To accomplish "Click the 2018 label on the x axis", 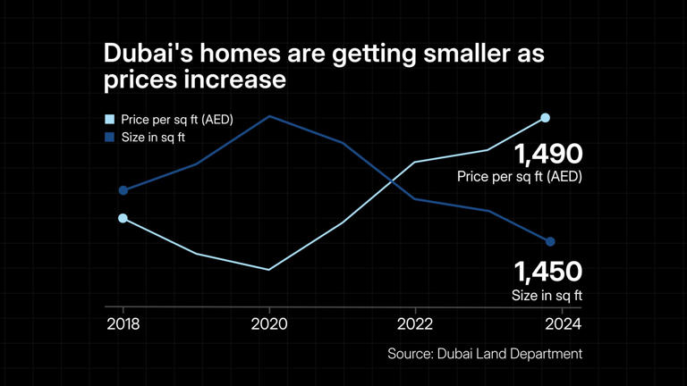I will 123,323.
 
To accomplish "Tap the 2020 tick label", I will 269,323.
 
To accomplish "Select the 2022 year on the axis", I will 415,323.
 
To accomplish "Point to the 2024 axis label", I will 561,323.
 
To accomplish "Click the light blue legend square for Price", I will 109,119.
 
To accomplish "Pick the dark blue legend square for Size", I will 109,138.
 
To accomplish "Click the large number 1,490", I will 547,154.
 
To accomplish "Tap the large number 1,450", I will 547,271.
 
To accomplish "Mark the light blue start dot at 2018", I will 123,218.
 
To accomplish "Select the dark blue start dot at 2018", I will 123,190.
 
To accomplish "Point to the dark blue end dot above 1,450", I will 550,242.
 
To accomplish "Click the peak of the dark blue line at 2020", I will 269,116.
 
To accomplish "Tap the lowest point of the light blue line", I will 269,269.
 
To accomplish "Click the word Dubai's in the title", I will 150,54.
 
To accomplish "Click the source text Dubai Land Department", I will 510,354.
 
